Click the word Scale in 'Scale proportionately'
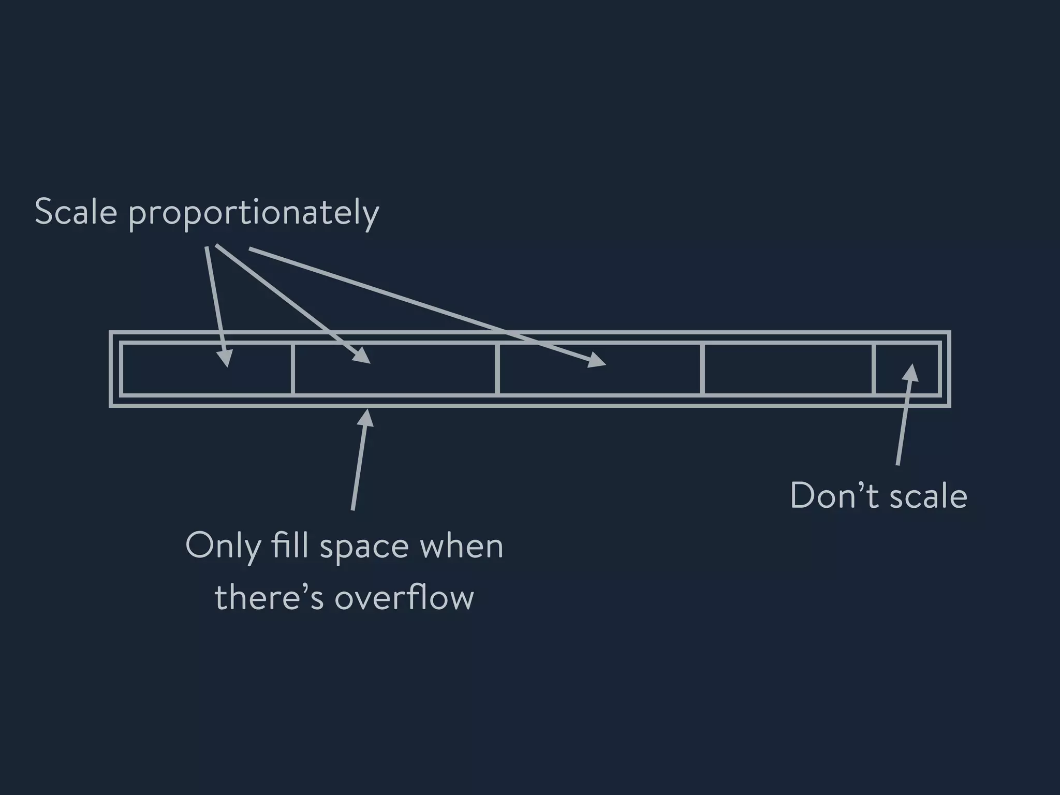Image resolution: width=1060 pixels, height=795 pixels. tap(76, 212)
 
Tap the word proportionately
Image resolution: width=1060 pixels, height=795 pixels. tap(254, 214)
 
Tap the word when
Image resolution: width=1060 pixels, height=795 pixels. tap(461, 546)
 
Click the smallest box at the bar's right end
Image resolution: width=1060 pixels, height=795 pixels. tap(906, 369)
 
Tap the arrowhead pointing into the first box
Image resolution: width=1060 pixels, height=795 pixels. tap(225, 358)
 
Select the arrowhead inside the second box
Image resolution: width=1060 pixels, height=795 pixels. tap(362, 356)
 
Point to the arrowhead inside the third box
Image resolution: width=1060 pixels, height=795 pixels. tap(597, 360)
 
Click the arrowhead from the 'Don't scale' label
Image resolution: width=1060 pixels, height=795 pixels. tap(910, 372)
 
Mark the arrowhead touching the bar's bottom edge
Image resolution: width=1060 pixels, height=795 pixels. tap(366, 417)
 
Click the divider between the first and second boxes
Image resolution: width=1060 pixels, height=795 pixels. tap(292, 369)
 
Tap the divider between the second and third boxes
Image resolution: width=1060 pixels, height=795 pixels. tap(497, 369)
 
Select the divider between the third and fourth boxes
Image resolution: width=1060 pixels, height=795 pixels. tap(702, 369)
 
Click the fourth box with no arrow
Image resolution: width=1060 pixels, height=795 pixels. tap(788, 369)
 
